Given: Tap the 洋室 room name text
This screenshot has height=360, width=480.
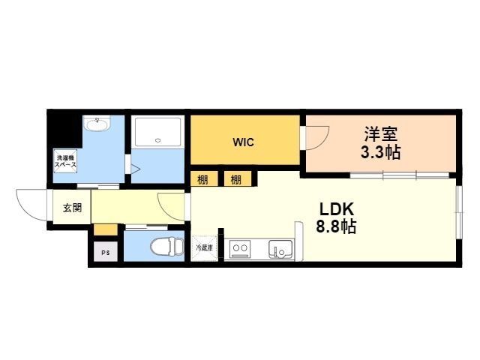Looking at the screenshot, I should tap(381, 135).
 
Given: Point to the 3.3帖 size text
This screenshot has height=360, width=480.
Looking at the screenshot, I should tap(381, 154).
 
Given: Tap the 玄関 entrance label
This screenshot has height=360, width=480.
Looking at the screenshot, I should tap(72, 207).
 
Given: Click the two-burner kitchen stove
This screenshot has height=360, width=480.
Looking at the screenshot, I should tap(241, 248).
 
